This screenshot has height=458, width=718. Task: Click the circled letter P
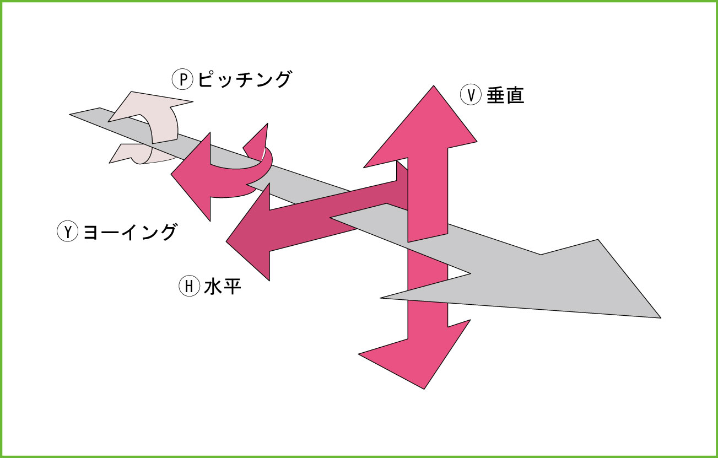(183, 80)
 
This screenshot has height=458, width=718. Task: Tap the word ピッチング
(244, 80)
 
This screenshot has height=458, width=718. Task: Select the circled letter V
(471, 95)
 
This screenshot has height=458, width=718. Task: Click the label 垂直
(505, 95)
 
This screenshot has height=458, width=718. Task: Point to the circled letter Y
(68, 231)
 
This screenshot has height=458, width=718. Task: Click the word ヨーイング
(130, 231)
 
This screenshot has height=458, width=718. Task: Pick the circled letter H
(189, 286)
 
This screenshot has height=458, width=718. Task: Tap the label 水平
(223, 286)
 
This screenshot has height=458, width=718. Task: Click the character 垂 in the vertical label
(495, 95)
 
